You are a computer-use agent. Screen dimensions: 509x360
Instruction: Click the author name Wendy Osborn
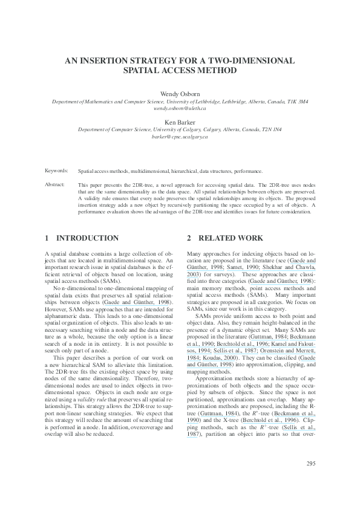click(x=180, y=95)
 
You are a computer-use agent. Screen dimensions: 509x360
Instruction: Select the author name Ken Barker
click(x=180, y=122)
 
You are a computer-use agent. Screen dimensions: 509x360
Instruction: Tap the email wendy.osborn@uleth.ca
click(x=180, y=109)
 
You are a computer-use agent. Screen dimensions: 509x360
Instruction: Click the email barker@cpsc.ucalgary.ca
click(x=180, y=137)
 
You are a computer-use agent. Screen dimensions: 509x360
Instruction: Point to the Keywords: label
click(x=57, y=171)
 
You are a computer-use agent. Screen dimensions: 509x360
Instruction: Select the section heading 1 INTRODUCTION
click(x=82, y=238)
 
